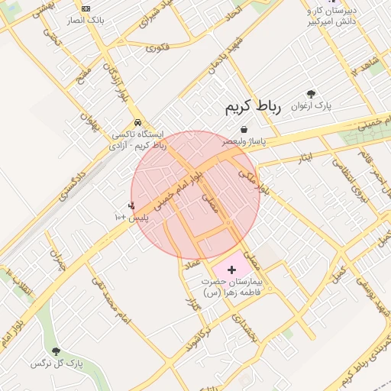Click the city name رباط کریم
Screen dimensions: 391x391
(253, 108)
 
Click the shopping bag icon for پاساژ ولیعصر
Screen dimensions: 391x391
(244, 129)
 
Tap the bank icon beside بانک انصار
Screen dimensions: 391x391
(86, 8)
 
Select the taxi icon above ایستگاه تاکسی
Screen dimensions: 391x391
(137, 122)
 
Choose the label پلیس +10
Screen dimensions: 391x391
(131, 218)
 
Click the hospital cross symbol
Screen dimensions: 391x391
(232, 270)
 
